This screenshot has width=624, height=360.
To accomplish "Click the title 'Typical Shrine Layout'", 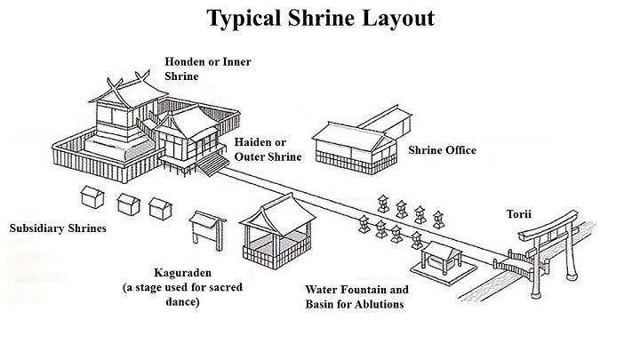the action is [x=320, y=18].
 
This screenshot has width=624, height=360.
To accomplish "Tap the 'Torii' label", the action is [x=533, y=214].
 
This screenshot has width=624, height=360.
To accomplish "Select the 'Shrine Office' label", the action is [x=442, y=150].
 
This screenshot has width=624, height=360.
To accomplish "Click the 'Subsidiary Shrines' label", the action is [x=58, y=228].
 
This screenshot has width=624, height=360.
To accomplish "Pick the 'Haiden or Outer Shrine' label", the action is [x=268, y=149].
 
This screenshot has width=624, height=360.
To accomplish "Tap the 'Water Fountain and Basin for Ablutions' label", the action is [x=356, y=297].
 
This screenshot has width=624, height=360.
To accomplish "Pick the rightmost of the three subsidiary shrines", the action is [x=161, y=209].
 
